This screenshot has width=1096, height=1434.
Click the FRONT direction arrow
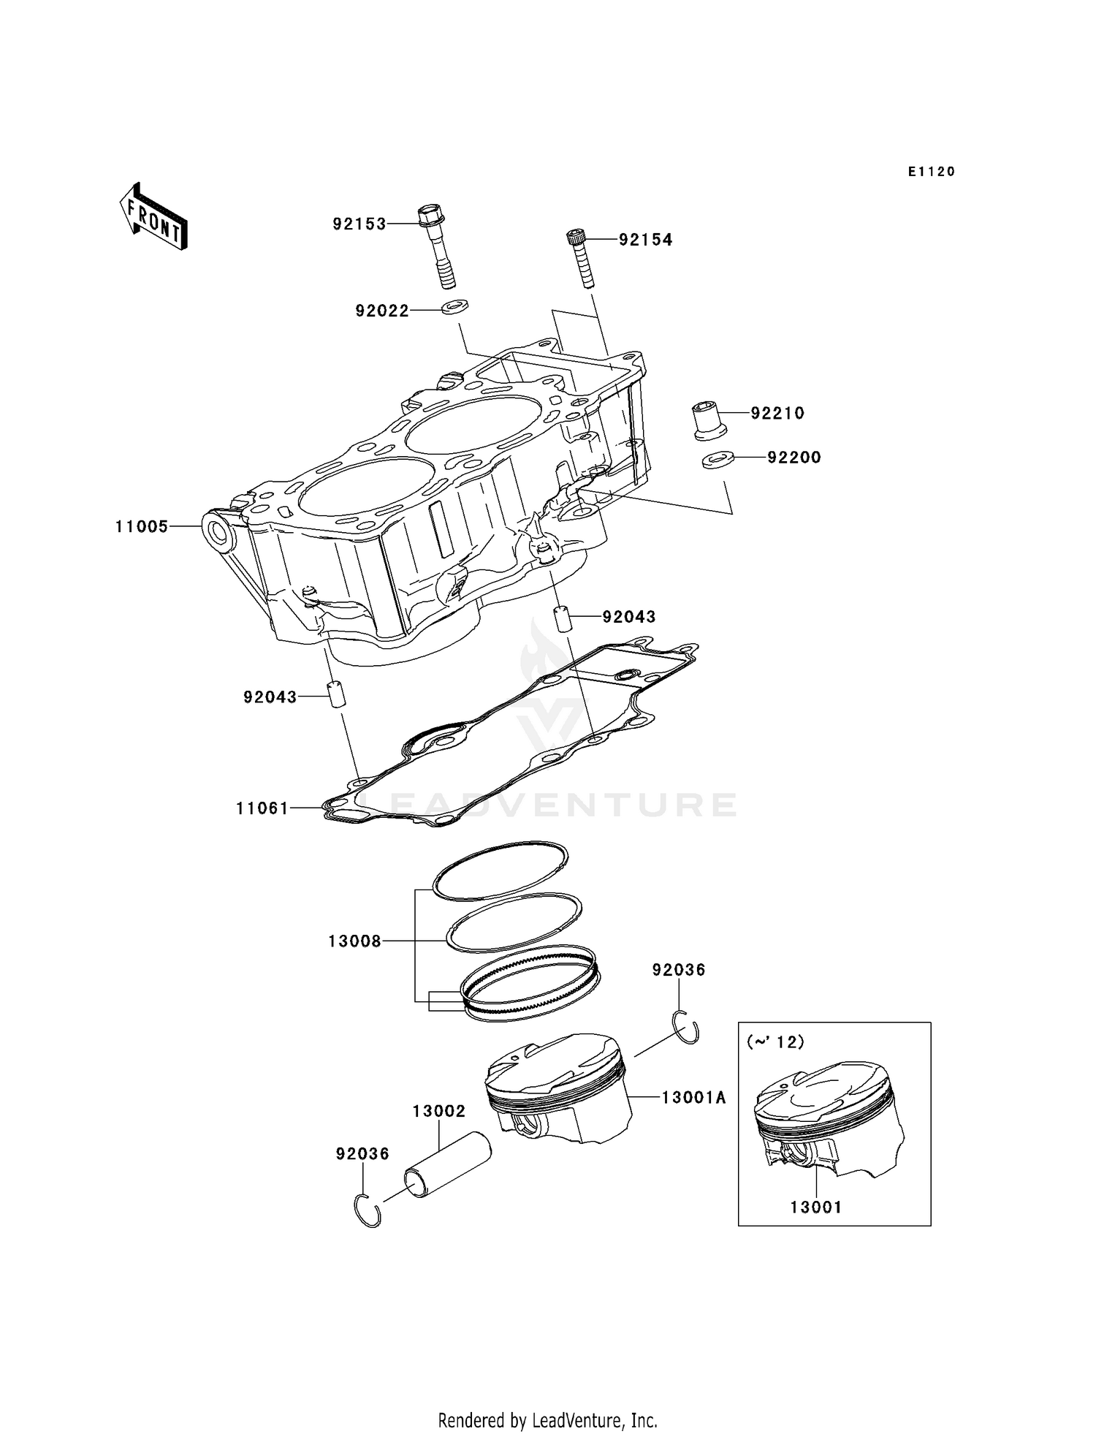click(x=153, y=218)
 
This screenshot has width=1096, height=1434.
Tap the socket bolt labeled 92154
click(x=582, y=259)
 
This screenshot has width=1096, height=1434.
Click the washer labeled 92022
click(x=455, y=305)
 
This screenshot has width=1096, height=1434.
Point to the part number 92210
click(x=777, y=414)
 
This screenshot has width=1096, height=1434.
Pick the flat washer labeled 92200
click(x=713, y=461)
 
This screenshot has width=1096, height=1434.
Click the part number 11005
click(x=142, y=527)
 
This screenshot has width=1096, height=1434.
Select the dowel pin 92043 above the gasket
click(x=564, y=618)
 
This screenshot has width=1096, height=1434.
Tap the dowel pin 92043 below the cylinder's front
click(x=336, y=694)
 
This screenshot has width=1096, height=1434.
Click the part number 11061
click(x=262, y=808)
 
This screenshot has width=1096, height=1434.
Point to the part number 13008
click(x=354, y=942)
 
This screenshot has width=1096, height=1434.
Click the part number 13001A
click(x=693, y=1098)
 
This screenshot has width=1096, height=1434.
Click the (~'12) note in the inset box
click(x=775, y=1042)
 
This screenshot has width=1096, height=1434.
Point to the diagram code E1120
click(x=932, y=172)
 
